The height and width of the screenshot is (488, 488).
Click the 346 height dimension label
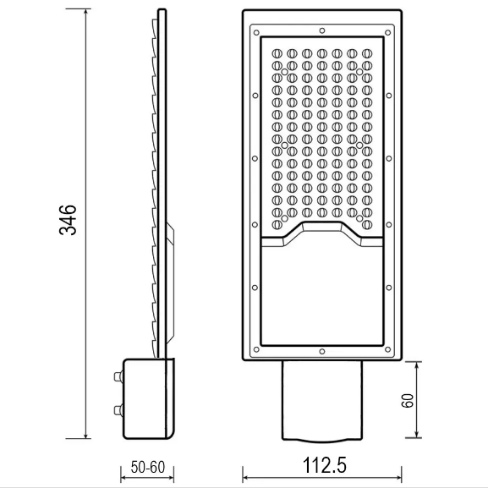coord(71,219)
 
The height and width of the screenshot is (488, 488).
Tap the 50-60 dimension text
coord(148,468)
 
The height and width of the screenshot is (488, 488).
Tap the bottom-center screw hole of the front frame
coord(321,350)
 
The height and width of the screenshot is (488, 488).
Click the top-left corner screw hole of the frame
coord(254,31)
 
